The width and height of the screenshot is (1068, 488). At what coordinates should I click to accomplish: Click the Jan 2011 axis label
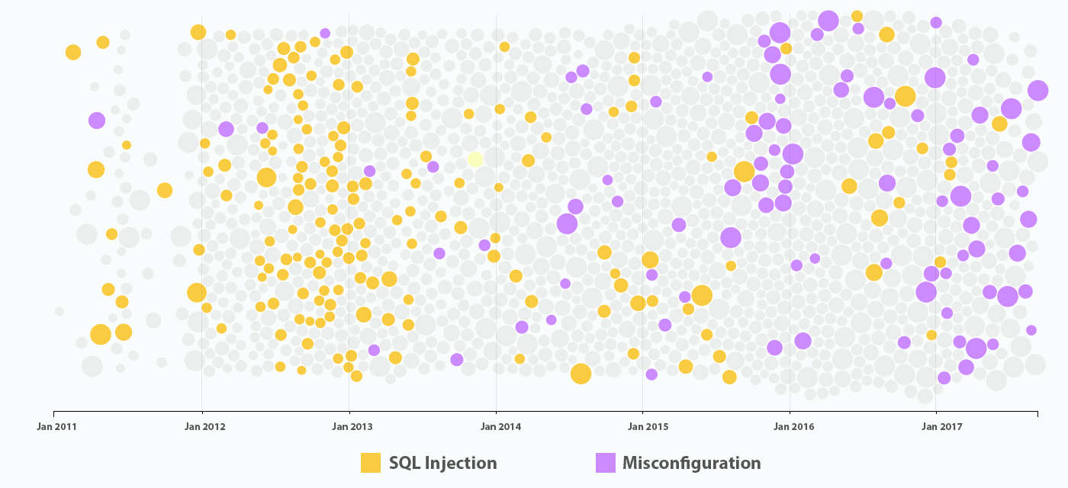pos(56,426)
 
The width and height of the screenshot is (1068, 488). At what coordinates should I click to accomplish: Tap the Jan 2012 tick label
pos(204,426)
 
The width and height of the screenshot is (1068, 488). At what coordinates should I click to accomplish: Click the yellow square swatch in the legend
pos(371,463)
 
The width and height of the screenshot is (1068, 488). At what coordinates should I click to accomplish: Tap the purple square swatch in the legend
pos(605,463)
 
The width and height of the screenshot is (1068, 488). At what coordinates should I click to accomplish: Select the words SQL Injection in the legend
pos(442,463)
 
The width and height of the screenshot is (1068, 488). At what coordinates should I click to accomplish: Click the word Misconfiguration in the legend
pos(691,463)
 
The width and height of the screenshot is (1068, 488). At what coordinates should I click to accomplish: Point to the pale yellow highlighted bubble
pos(475,159)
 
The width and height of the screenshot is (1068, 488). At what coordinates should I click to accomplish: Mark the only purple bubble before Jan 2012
pos(96,120)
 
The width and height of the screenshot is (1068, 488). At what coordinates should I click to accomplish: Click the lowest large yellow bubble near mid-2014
pos(581,374)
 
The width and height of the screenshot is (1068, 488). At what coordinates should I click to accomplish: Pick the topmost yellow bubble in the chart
pos(857,16)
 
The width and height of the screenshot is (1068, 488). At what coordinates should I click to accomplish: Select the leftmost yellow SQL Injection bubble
pos(73,52)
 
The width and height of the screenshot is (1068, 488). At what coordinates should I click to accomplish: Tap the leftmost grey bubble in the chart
pos(60,311)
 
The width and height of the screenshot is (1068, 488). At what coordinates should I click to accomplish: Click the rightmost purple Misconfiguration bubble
pos(1037,90)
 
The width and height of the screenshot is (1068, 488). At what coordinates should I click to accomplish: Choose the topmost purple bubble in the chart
pos(828,21)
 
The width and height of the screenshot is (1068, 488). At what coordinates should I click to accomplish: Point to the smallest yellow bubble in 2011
pos(127,145)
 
